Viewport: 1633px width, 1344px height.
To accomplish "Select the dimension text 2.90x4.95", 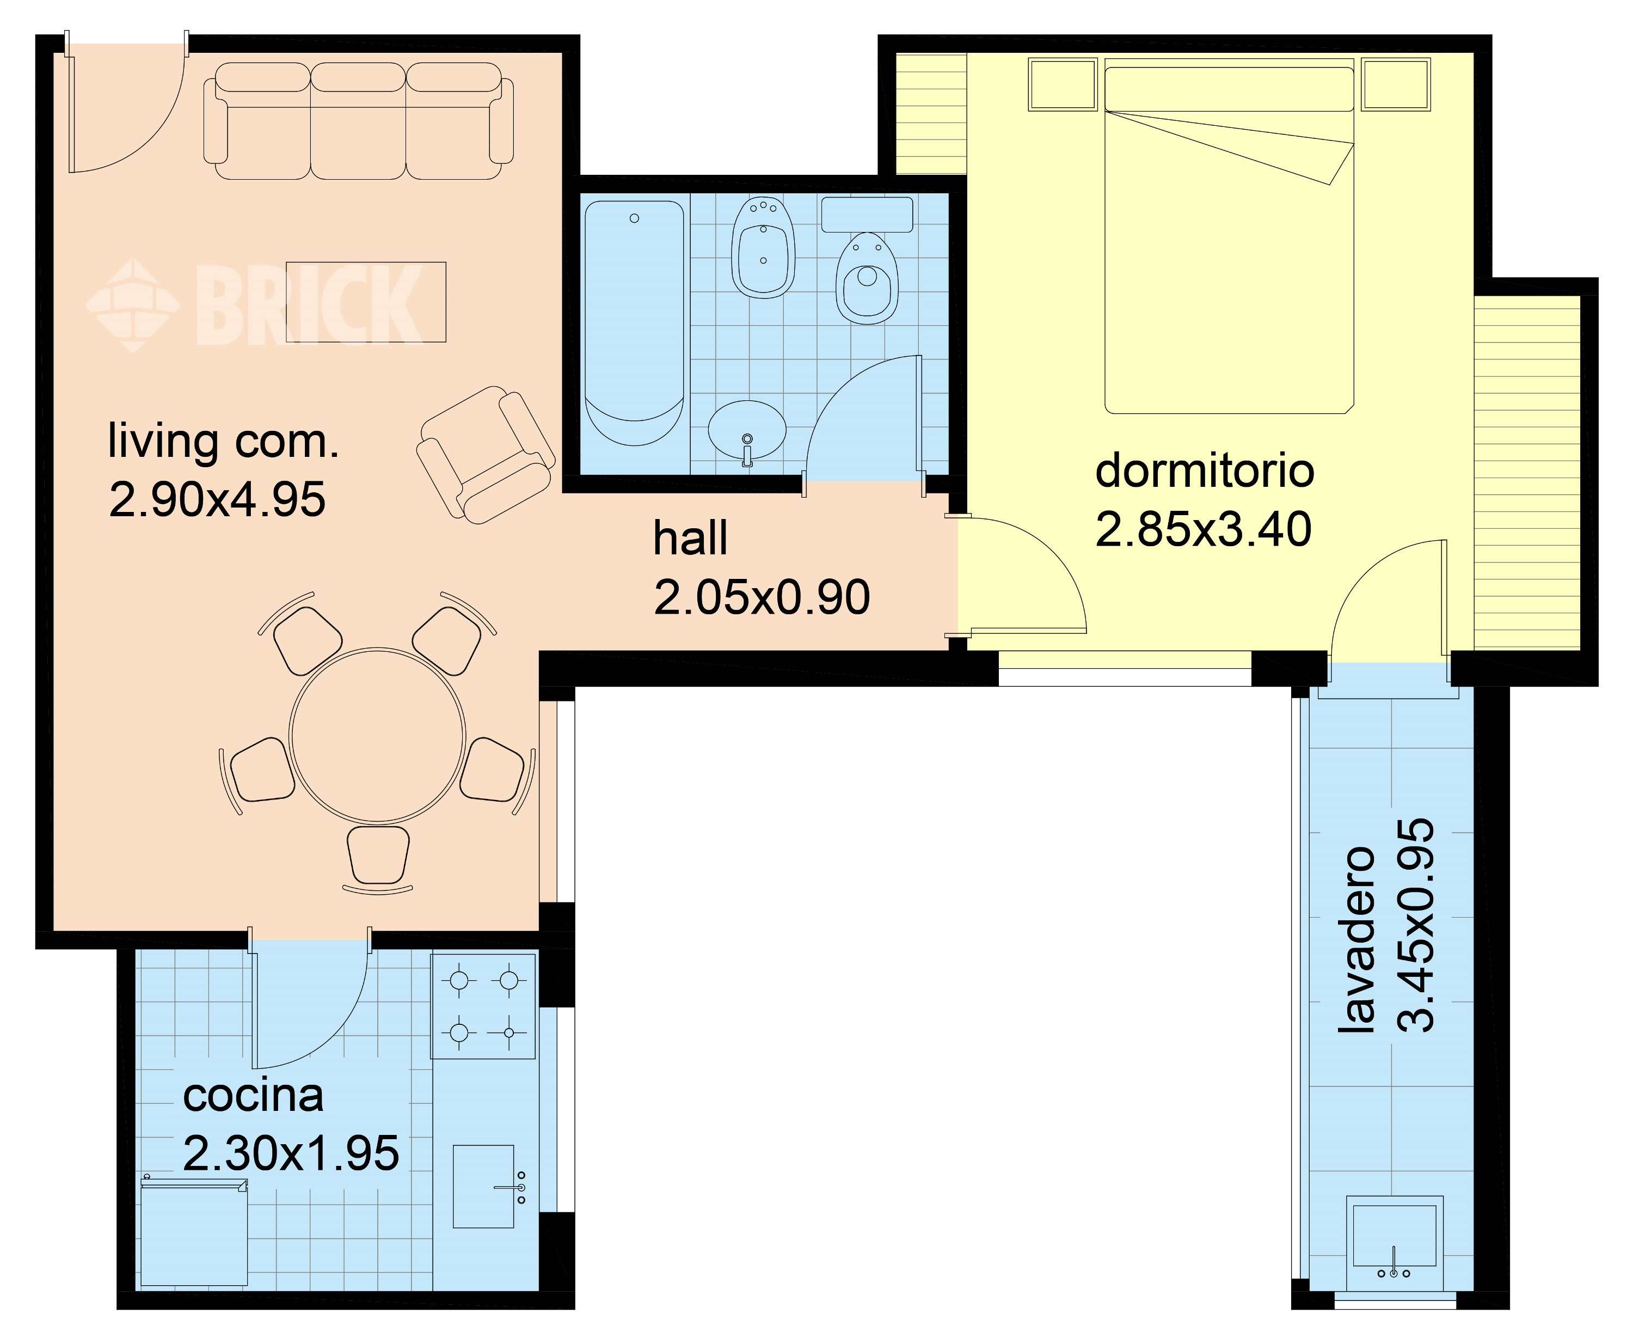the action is click(x=218, y=499).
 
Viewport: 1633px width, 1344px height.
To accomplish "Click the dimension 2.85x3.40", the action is click(x=1204, y=529).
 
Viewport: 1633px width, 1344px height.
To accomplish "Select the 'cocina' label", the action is click(x=253, y=1096).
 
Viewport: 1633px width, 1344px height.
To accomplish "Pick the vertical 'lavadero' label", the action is click(x=1356, y=940).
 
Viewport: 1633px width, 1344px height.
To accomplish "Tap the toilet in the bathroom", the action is click(x=867, y=277).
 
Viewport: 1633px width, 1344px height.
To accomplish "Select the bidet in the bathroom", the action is click(x=763, y=248).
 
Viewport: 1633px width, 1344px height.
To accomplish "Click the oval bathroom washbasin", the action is click(x=747, y=431).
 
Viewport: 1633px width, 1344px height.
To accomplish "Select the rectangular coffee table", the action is click(x=366, y=302).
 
